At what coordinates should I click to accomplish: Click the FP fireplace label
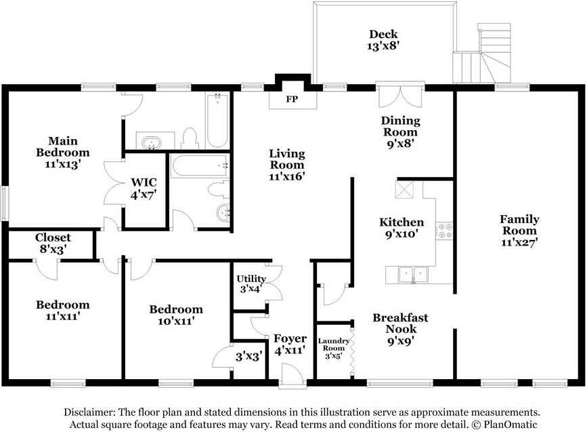(292, 99)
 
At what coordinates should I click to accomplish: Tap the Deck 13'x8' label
(383, 40)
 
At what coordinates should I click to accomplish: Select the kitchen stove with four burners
(445, 231)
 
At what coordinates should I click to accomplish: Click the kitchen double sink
(413, 275)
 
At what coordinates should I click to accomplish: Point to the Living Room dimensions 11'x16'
(287, 176)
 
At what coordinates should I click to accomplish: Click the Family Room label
(519, 224)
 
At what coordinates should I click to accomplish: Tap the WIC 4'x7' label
(144, 189)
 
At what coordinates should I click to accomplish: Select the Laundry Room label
(334, 344)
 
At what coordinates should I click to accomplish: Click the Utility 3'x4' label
(251, 284)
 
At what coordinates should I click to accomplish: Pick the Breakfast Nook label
(400, 323)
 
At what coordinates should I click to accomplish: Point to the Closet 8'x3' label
(53, 243)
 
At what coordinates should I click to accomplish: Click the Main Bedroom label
(62, 146)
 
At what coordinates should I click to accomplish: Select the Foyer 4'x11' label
(290, 345)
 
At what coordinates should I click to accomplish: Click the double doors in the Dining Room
(400, 97)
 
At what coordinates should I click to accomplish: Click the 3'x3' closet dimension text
(248, 356)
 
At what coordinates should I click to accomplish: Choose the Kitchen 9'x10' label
(401, 228)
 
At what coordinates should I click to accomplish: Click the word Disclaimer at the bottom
(90, 412)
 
